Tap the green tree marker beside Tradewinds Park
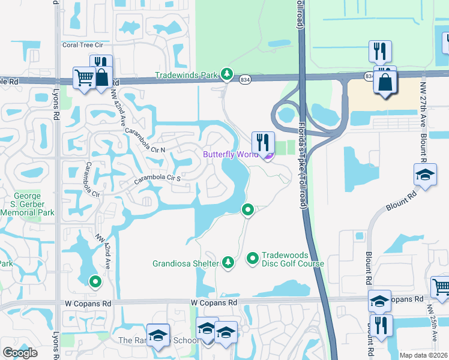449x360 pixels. [x=226, y=74]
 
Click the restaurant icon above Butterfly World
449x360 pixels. [x=263, y=142]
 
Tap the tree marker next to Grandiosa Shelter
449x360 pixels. [x=228, y=262]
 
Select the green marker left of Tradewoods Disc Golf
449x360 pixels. [x=253, y=259]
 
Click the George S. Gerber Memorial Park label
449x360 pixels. [x=28, y=204]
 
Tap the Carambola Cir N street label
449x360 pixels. [x=145, y=139]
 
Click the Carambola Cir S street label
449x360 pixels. [x=158, y=178]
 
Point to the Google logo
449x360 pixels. [x=20, y=353]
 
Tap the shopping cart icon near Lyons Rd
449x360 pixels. [x=83, y=77]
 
